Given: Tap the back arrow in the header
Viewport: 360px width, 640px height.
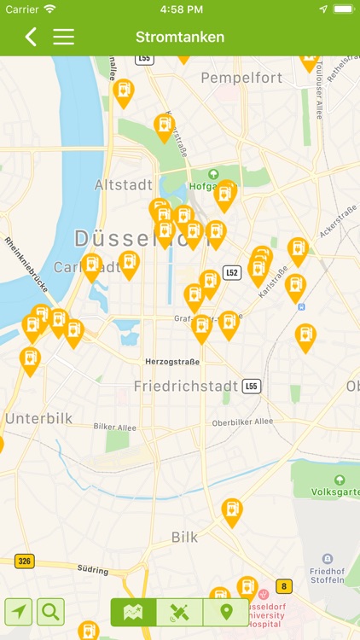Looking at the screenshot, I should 31,37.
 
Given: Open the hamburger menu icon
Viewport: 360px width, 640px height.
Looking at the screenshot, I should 64,37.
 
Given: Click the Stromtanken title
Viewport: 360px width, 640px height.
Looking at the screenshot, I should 180,37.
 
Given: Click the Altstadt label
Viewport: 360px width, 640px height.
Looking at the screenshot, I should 124,184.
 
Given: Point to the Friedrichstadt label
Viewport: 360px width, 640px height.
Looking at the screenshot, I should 186,386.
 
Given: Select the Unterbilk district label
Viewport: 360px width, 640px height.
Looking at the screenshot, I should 39,418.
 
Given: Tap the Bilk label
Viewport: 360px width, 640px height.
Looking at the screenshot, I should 184,537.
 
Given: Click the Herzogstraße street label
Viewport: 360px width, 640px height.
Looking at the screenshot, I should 172,362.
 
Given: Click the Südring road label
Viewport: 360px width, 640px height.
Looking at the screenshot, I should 94,570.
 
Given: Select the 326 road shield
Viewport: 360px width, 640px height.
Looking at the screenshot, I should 24,561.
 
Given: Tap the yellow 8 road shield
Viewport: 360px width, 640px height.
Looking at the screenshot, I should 283,586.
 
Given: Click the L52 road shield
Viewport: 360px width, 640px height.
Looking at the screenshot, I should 232,272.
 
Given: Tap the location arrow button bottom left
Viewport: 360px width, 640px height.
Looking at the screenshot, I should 19,611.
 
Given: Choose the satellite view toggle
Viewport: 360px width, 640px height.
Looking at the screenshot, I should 180,612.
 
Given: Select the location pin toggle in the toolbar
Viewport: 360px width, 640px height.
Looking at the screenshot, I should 226,612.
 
